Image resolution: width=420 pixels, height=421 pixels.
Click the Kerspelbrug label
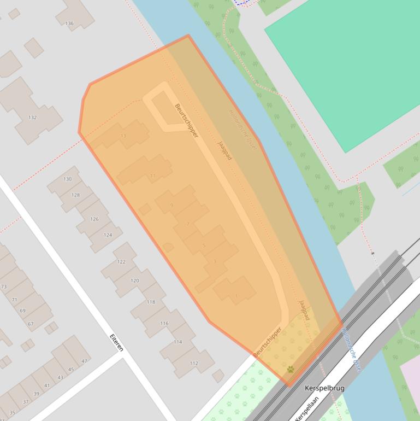point(324,388)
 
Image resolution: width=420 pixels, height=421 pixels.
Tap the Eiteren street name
point(116,343)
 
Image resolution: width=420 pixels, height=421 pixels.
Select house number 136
point(69,24)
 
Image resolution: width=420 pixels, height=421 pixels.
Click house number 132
point(32,118)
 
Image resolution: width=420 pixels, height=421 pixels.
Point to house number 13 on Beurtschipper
point(123,136)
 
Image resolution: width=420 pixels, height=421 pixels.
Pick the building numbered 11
point(153,176)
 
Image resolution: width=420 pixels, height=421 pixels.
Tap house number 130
point(67,179)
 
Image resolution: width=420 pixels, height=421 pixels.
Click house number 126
point(94,219)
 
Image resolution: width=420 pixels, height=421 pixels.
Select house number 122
point(121,262)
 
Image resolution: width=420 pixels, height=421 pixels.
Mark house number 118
point(151,302)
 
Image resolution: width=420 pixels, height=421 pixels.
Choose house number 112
point(194,363)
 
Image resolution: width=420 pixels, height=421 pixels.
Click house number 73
point(4,286)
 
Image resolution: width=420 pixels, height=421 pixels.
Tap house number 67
point(31,324)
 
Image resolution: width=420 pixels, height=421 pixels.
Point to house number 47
point(84,361)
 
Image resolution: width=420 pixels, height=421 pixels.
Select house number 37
point(26,402)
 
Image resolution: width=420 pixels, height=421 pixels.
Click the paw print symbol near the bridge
point(291,370)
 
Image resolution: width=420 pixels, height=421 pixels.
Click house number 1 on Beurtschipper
point(236,296)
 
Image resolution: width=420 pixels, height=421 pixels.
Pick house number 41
point(47,385)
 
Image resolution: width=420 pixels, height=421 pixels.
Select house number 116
point(164,324)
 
